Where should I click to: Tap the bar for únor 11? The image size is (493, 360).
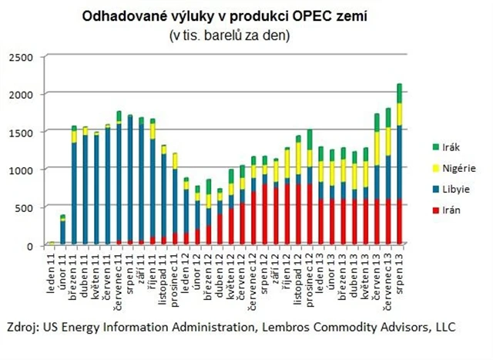63,231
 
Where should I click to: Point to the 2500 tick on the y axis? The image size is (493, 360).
22,58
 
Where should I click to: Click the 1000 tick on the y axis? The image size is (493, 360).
22,170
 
